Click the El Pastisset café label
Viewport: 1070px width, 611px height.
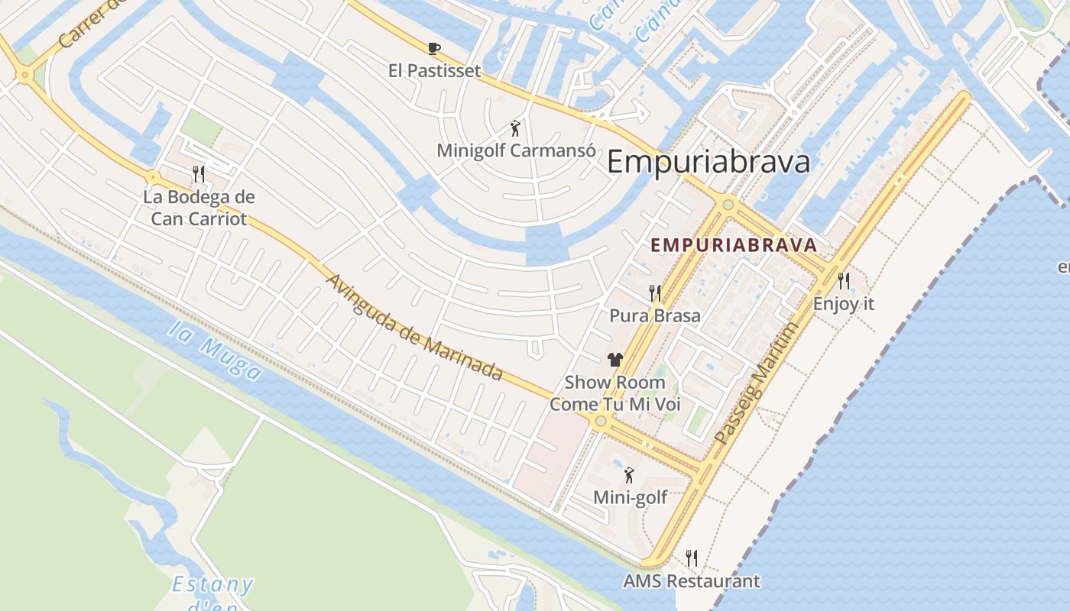(x=434, y=71)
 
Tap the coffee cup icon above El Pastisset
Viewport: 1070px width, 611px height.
(x=434, y=49)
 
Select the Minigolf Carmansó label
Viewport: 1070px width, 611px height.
(x=516, y=150)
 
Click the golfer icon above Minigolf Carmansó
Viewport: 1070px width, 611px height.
(x=516, y=128)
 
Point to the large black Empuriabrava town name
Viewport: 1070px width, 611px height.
(x=708, y=163)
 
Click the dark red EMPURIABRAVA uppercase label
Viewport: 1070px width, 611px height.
(x=734, y=246)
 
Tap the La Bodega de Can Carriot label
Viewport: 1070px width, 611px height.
(x=199, y=208)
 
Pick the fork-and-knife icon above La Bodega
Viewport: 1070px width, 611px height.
(x=199, y=174)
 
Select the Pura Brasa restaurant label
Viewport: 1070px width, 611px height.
(x=654, y=315)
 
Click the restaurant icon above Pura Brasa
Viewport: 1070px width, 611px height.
(x=655, y=293)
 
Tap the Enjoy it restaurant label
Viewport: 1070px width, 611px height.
(x=843, y=304)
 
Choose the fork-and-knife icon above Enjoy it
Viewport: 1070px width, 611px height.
(x=844, y=281)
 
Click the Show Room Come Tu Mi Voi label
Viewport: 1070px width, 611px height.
(x=615, y=393)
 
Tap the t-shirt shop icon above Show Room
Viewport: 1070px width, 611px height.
(x=615, y=359)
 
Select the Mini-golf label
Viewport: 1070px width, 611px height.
(x=630, y=498)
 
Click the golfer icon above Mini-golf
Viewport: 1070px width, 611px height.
(x=629, y=475)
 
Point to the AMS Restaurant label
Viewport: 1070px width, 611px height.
(x=691, y=581)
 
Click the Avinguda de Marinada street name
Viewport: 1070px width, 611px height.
(x=413, y=327)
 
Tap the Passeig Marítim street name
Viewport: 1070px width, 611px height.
(x=757, y=383)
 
